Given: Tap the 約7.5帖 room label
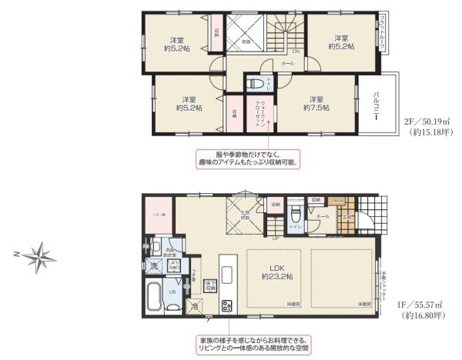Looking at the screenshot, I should [316, 104].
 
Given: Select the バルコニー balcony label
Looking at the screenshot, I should [376, 108].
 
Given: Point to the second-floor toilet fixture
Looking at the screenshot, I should [253, 83].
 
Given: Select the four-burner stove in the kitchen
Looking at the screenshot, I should [227, 305].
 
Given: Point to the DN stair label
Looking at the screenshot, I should [295, 52].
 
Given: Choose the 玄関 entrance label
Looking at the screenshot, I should [346, 218].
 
